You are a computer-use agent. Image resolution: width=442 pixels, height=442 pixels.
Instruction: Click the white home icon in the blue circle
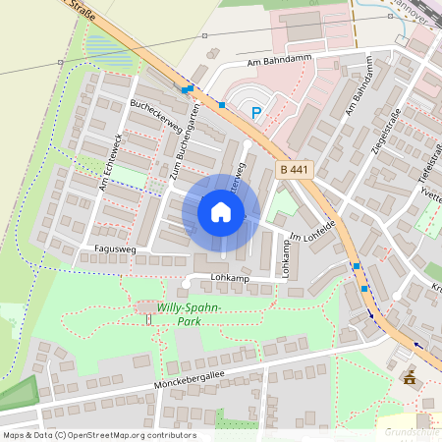[221, 211]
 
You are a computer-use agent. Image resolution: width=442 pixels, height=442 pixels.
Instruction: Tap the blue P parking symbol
[256, 113]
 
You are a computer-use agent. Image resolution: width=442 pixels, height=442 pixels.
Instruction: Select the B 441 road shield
[295, 169]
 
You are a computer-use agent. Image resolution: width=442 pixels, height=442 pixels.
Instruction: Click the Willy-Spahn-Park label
[189, 313]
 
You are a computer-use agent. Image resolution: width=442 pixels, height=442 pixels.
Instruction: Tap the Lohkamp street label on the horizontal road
[232, 278]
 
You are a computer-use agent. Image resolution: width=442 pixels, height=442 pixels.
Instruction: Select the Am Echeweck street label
[109, 162]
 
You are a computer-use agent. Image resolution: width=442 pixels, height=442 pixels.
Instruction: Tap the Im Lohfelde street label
[312, 231]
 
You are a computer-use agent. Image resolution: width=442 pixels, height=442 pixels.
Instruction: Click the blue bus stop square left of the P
[223, 104]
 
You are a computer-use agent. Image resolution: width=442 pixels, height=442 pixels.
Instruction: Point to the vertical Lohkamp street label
[288, 258]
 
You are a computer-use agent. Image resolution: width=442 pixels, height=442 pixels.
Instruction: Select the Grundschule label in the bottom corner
[412, 432]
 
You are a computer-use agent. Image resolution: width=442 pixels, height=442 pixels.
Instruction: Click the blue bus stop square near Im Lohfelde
[356, 266]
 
